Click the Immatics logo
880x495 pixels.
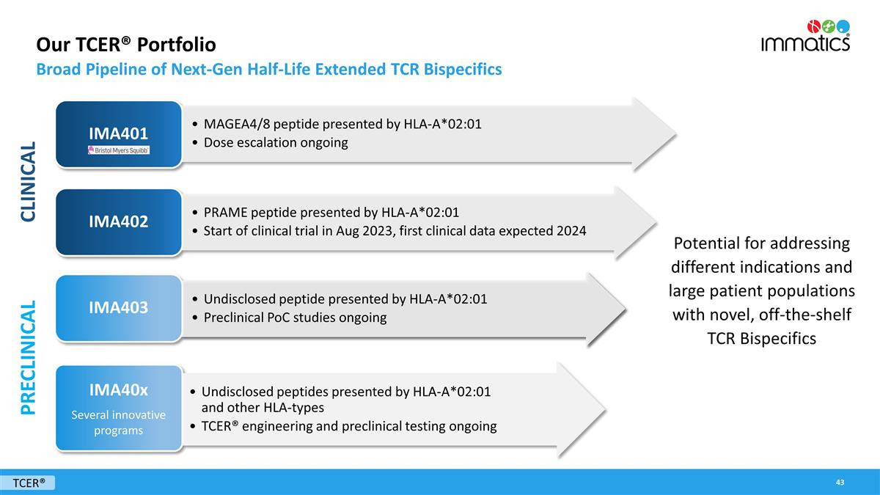point(805,36)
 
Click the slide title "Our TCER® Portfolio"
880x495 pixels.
point(126,45)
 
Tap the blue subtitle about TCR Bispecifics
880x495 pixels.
point(269,69)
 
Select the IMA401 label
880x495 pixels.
point(118,133)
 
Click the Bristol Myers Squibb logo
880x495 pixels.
point(119,150)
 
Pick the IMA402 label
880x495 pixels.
point(118,221)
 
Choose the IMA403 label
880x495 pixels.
point(118,307)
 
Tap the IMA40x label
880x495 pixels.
point(118,390)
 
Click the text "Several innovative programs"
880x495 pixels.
point(118,422)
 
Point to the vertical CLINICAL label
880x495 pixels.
point(29,182)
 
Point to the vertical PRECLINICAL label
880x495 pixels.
point(29,358)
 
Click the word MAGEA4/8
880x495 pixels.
point(237,124)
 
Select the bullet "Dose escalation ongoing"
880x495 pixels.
point(276,142)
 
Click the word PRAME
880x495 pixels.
point(225,213)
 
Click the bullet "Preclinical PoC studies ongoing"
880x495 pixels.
point(295,318)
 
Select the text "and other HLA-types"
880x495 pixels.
point(263,408)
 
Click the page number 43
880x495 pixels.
point(840,483)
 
